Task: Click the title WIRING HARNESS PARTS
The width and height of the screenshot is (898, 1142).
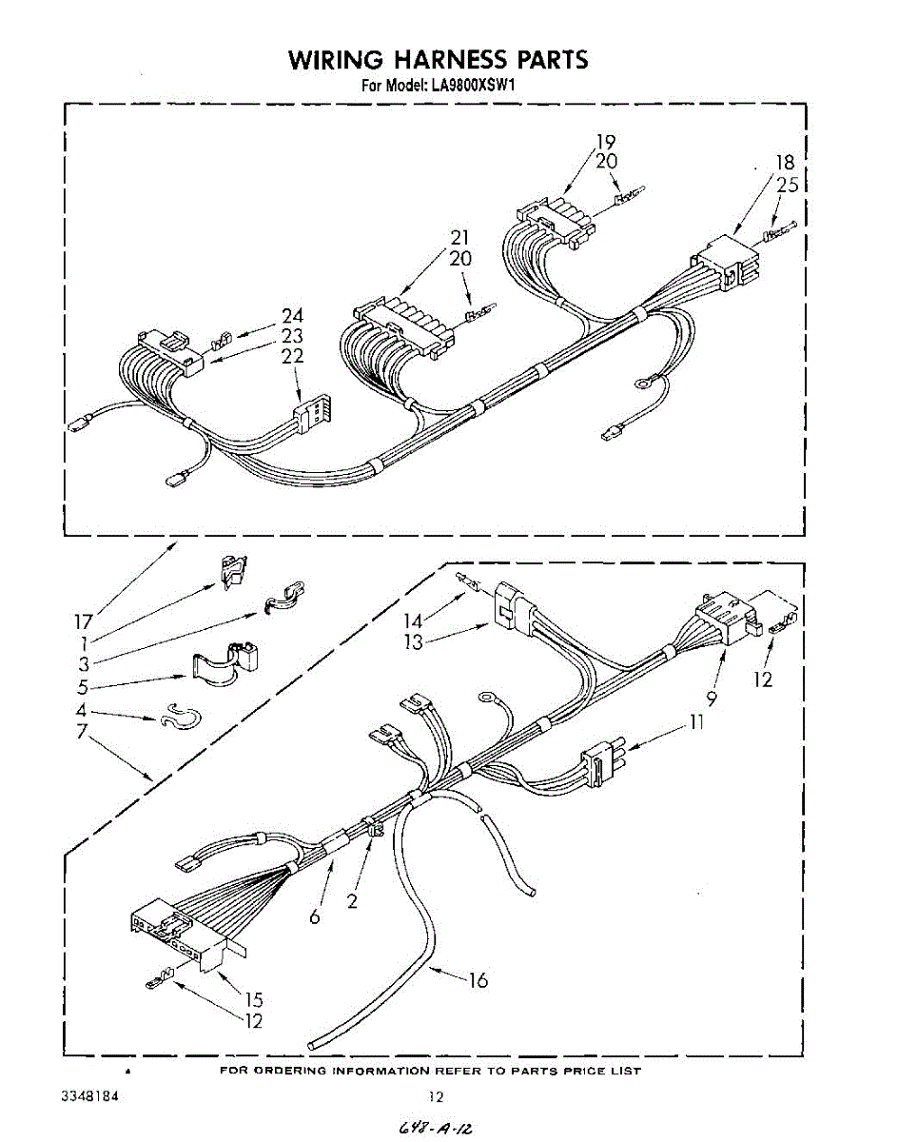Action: (x=439, y=60)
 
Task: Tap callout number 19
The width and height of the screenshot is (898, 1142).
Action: (x=606, y=143)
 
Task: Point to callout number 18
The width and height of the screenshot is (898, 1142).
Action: (x=785, y=163)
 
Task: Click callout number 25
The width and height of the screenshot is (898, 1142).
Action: (x=787, y=186)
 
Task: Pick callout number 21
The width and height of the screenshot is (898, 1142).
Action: (x=460, y=238)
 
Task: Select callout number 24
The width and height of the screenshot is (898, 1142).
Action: (x=292, y=316)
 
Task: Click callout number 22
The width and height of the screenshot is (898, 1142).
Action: (x=292, y=356)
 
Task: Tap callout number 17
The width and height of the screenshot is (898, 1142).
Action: (x=84, y=621)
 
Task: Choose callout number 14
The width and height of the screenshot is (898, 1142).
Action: (x=413, y=620)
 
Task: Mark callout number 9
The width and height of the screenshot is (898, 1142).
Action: (x=712, y=698)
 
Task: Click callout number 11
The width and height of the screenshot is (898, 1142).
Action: (x=697, y=723)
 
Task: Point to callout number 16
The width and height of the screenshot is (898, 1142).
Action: (x=478, y=979)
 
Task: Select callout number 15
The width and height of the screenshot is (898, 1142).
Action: (x=254, y=999)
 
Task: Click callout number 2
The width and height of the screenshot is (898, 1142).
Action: (x=352, y=901)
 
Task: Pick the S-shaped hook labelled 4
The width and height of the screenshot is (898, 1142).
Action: (x=172, y=716)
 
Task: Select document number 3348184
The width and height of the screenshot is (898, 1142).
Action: (x=90, y=1095)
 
